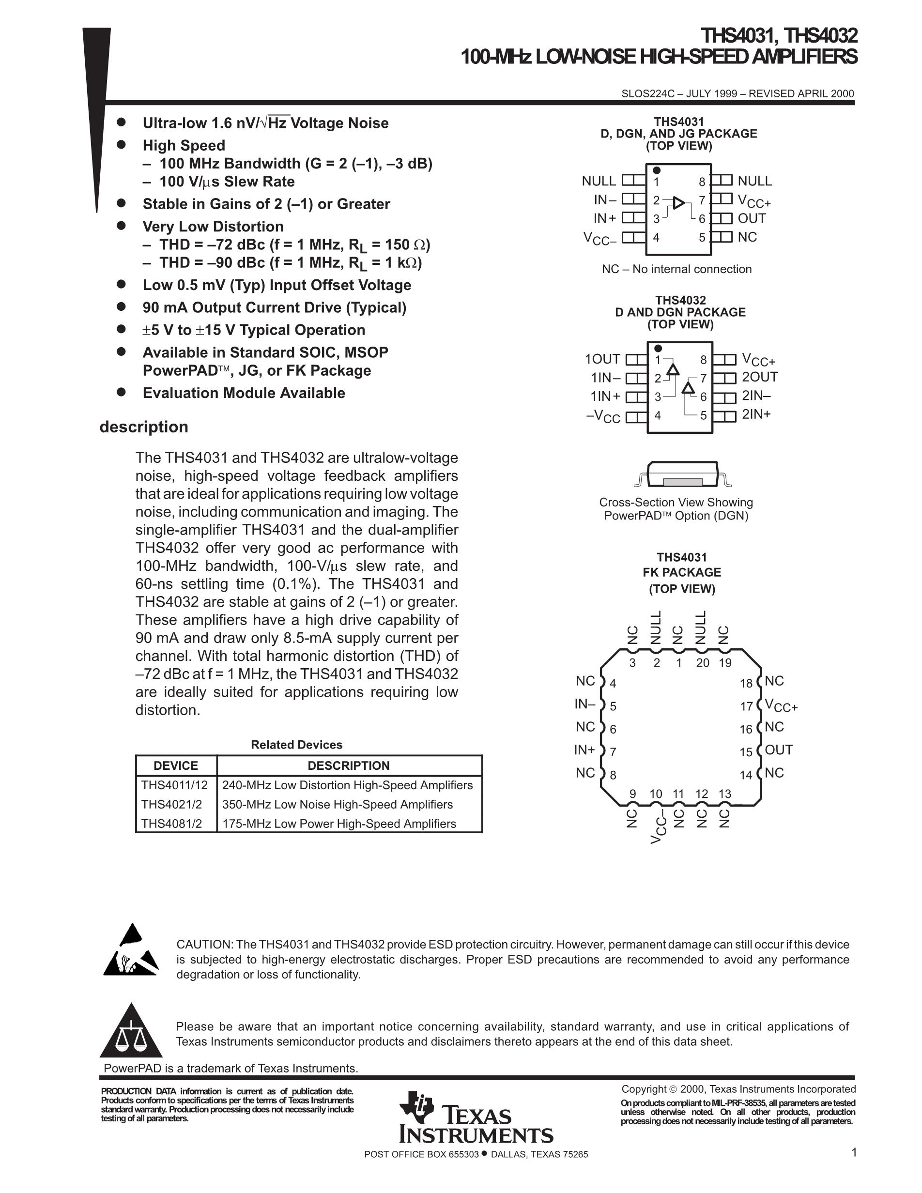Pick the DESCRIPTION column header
349,766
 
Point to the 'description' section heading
144,427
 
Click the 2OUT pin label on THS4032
759,377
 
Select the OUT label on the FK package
779,750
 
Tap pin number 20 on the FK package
703,663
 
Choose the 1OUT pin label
602,359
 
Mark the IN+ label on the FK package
584,750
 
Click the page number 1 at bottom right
854,1153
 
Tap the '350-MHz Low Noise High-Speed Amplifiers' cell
338,805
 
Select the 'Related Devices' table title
296,745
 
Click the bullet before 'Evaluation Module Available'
121,392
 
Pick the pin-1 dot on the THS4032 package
658,349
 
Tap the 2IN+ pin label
756,414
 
